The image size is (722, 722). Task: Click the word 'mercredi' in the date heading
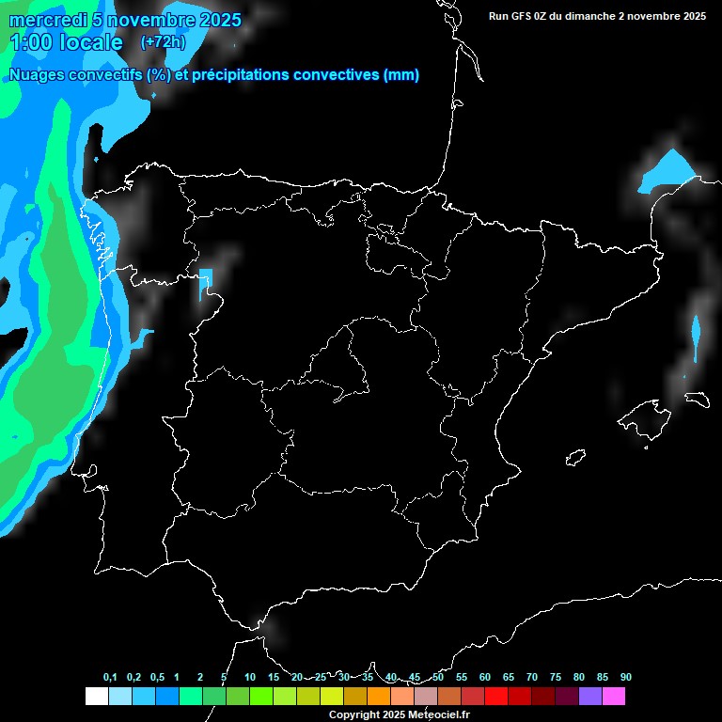tap(46, 20)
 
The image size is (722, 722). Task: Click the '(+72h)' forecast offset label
tap(163, 42)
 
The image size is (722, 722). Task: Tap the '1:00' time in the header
tap(30, 42)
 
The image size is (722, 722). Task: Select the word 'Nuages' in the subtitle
tap(39, 75)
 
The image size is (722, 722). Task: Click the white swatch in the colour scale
tap(96, 697)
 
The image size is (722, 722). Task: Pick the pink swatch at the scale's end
tap(614, 697)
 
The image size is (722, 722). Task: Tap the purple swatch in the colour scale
tap(590, 697)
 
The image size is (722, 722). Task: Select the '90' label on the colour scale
tap(625, 677)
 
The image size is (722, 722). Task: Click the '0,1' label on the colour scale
tap(110, 677)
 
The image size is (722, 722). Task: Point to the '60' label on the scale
tap(485, 677)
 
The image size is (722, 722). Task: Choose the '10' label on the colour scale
tap(250, 677)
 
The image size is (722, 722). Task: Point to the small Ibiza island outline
tap(575, 458)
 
